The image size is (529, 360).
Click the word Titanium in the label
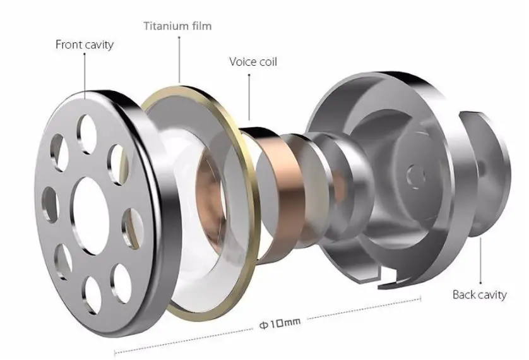(x=165, y=26)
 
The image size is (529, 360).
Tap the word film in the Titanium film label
(x=201, y=26)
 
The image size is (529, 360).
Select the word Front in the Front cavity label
(x=70, y=45)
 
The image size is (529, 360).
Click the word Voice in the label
(x=242, y=62)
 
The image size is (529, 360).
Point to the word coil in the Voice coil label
(x=268, y=62)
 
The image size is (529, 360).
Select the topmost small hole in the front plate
(x=87, y=131)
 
